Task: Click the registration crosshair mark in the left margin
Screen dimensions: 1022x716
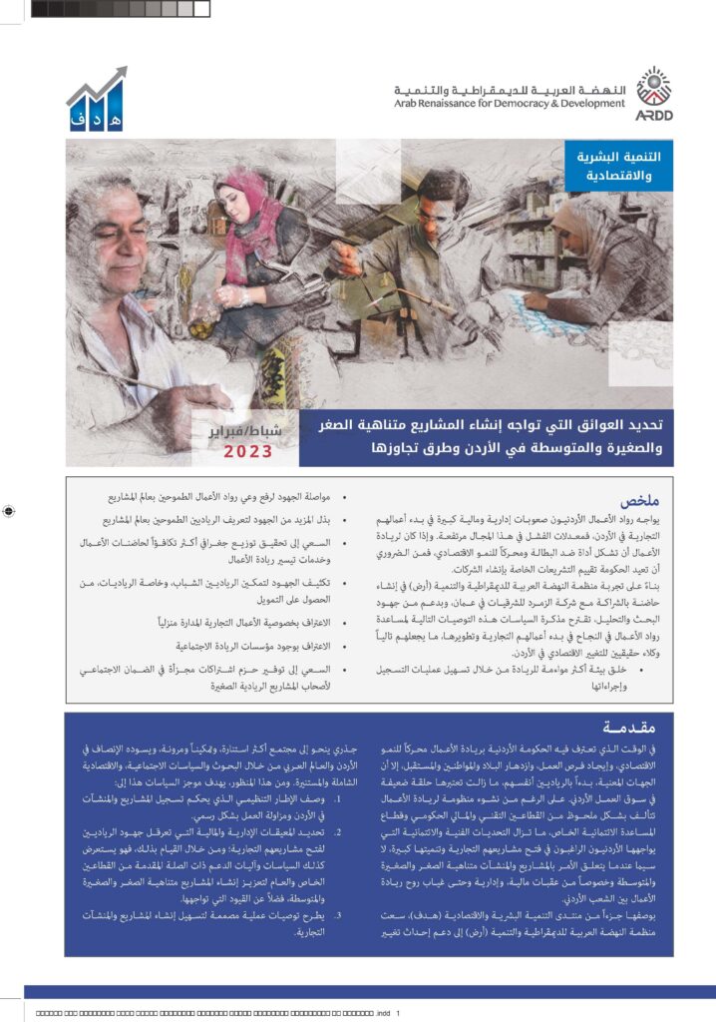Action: point(9,511)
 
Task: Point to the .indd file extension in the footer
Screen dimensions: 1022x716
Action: point(382,1013)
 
